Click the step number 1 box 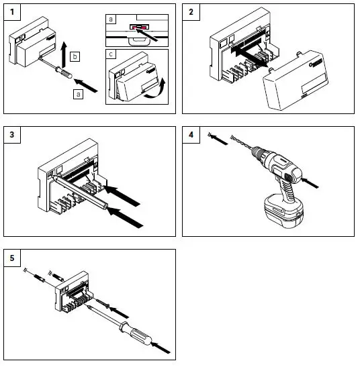tap(12, 12)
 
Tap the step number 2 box tap(191, 12)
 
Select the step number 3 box tap(12, 135)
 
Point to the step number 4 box tap(191, 135)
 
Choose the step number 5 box tap(12, 258)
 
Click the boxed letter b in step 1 tap(75, 56)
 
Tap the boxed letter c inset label tap(111, 54)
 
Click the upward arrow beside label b tap(64, 54)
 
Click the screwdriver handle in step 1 tap(64, 72)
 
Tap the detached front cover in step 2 tap(296, 80)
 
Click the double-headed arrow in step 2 tap(251, 56)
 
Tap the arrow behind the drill tap(310, 182)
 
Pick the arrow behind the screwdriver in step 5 tap(161, 348)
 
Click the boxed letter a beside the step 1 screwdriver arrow tap(79, 94)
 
